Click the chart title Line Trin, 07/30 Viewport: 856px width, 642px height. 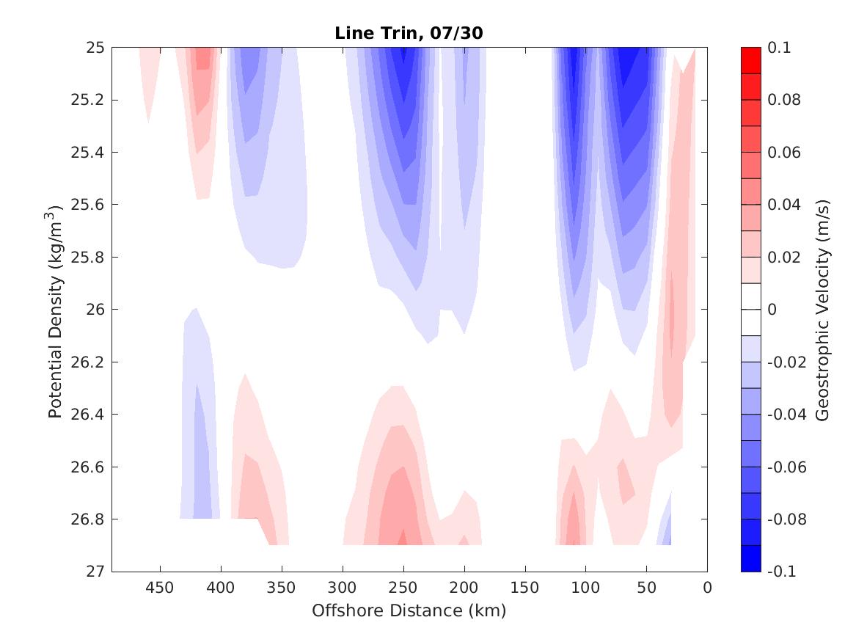coord(409,33)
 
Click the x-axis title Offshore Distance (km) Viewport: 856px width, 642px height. coord(409,610)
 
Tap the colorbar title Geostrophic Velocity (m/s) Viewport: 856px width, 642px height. coord(823,309)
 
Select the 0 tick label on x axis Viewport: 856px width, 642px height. coord(706,588)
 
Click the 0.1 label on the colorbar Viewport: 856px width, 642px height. coord(780,48)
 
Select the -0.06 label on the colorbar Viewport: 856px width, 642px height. coord(786,467)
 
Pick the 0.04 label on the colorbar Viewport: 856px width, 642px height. coord(783,205)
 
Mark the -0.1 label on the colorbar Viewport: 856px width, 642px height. coord(783,572)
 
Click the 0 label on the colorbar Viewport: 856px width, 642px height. coord(773,310)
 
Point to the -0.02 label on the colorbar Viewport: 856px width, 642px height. coord(786,362)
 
